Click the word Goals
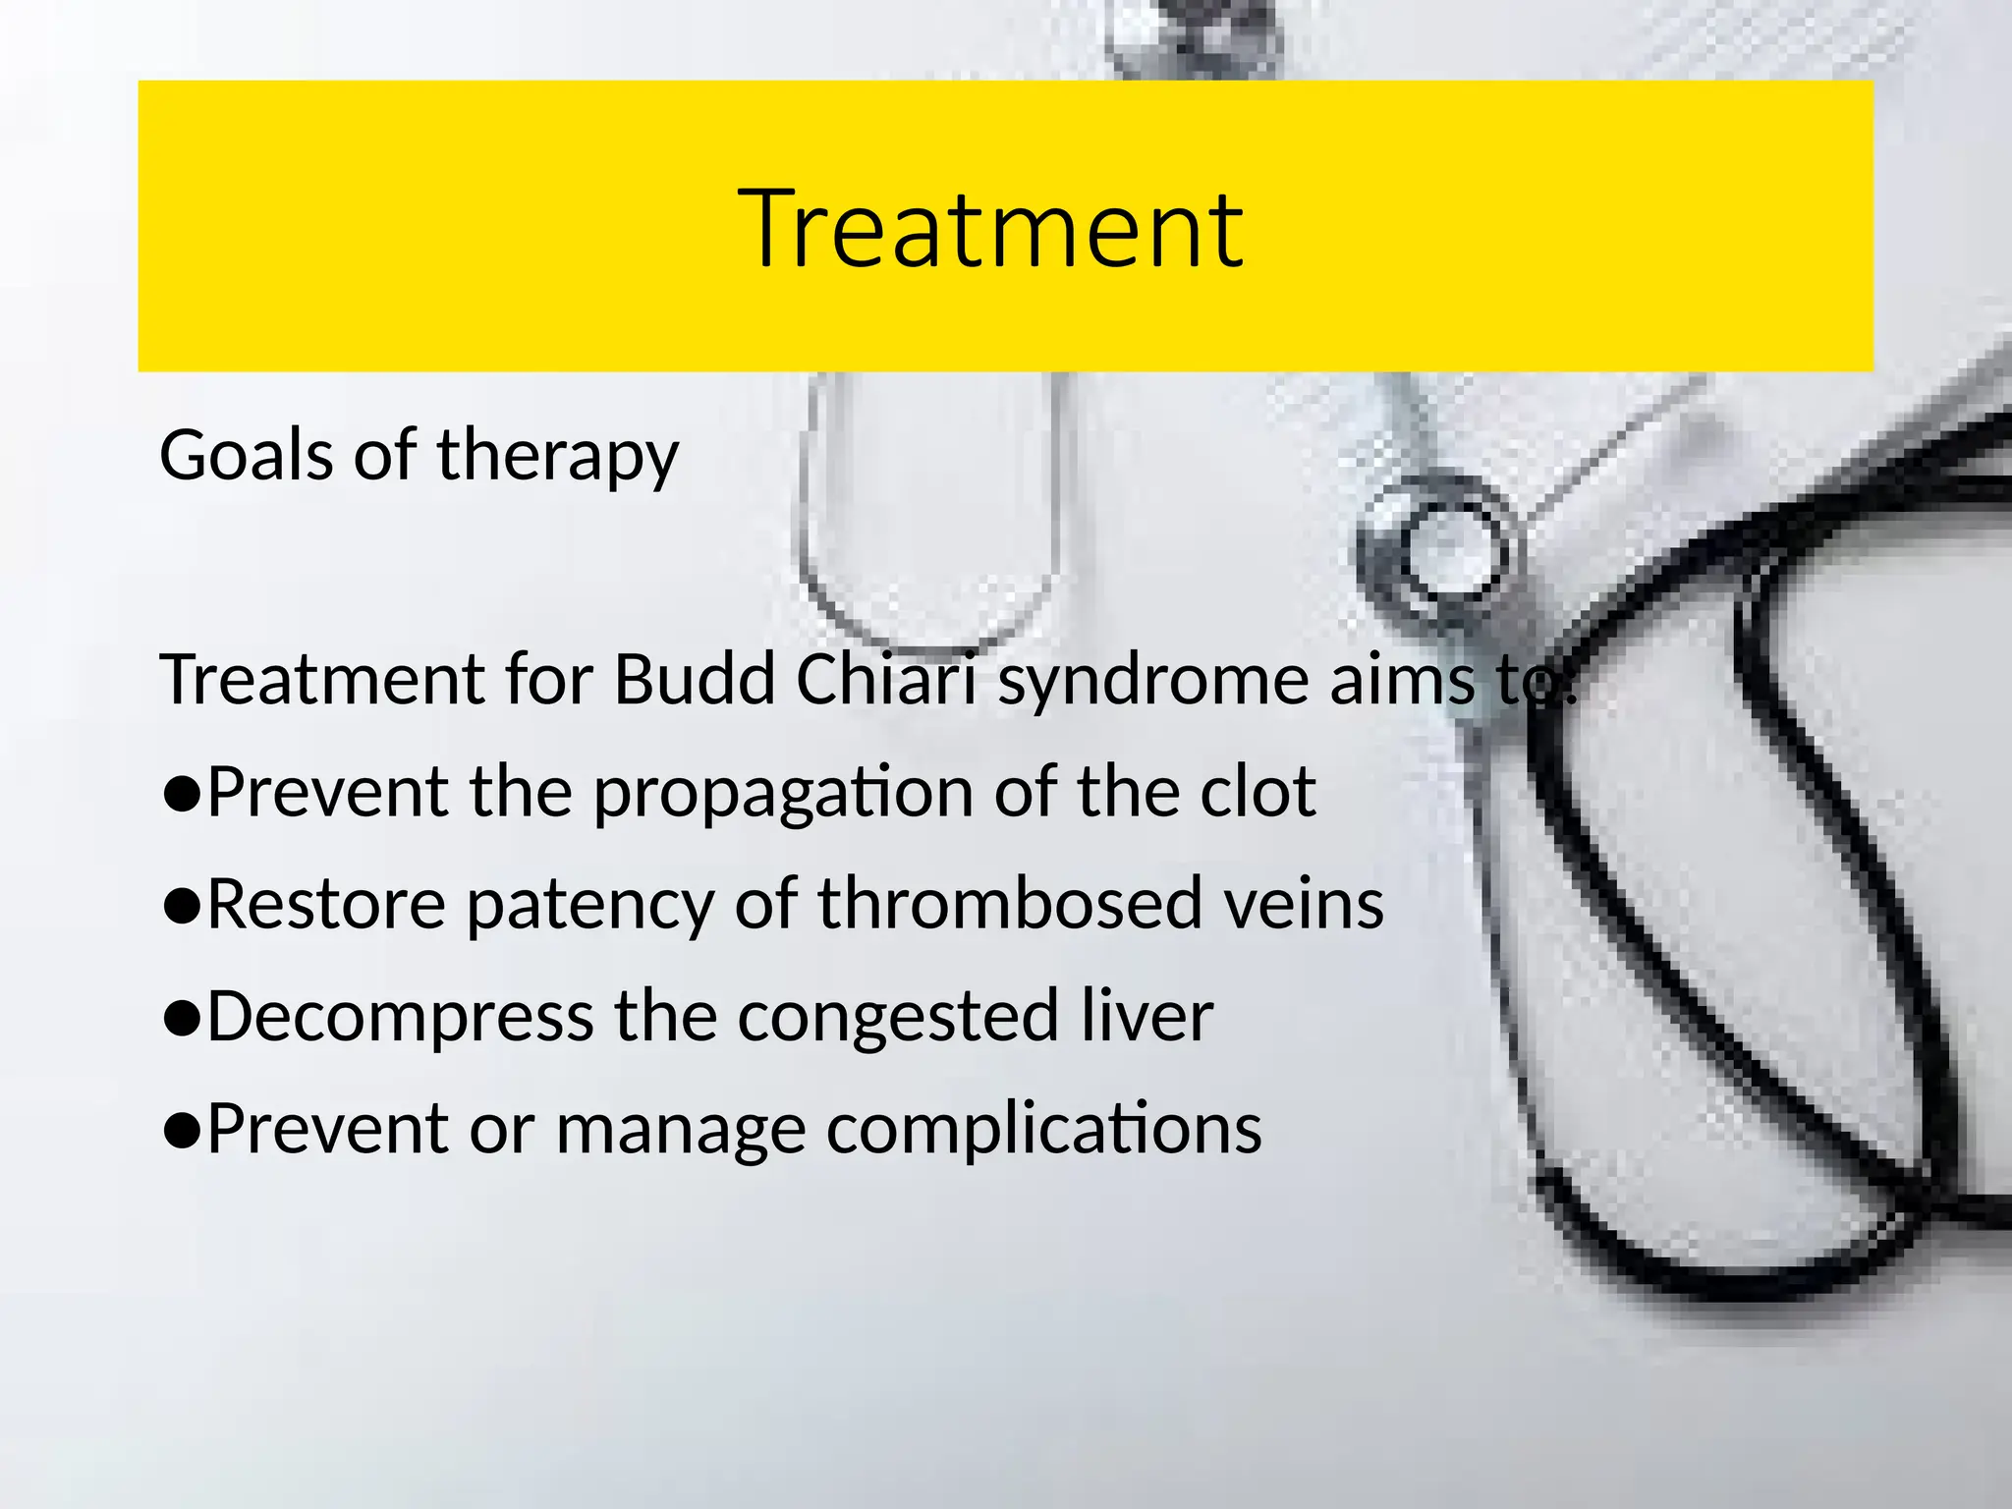point(246,455)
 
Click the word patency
point(589,905)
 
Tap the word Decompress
point(400,1017)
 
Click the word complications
point(1043,1129)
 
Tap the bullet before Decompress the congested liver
point(183,1019)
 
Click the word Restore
point(326,904)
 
